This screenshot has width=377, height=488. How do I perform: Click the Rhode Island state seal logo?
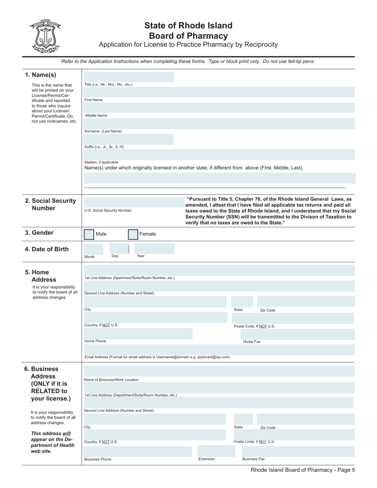tap(44, 36)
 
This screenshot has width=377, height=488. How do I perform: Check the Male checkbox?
tap(89, 234)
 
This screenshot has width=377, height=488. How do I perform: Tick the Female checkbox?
tap(133, 234)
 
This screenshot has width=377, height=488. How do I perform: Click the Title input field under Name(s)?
tap(129, 77)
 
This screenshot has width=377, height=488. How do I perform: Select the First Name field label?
tap(93, 100)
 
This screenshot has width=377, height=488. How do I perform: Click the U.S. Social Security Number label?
tap(108, 211)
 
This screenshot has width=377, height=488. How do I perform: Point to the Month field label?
tap(90, 257)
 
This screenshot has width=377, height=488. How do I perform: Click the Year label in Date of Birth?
tap(140, 256)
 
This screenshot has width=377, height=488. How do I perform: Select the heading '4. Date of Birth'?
tap(47, 249)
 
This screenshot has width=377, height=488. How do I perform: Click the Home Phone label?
tap(95, 341)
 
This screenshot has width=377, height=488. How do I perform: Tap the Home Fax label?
tap(252, 342)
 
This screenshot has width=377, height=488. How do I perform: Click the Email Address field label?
tap(157, 357)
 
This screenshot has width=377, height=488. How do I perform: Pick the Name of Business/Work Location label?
tap(111, 380)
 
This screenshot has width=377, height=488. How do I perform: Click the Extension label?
tap(206, 459)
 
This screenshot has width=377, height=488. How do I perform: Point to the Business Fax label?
tap(253, 459)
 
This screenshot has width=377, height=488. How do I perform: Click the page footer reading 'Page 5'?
tap(303, 470)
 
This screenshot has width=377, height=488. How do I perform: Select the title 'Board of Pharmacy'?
tap(188, 36)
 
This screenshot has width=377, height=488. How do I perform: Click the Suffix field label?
tap(104, 147)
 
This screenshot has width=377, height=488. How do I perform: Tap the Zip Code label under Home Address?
tap(267, 310)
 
